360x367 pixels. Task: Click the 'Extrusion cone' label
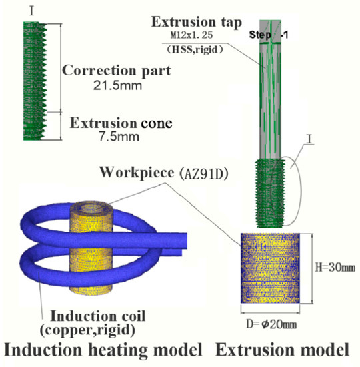112,123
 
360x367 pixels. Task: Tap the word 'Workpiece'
137,172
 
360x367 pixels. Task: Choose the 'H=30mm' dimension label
333,266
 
